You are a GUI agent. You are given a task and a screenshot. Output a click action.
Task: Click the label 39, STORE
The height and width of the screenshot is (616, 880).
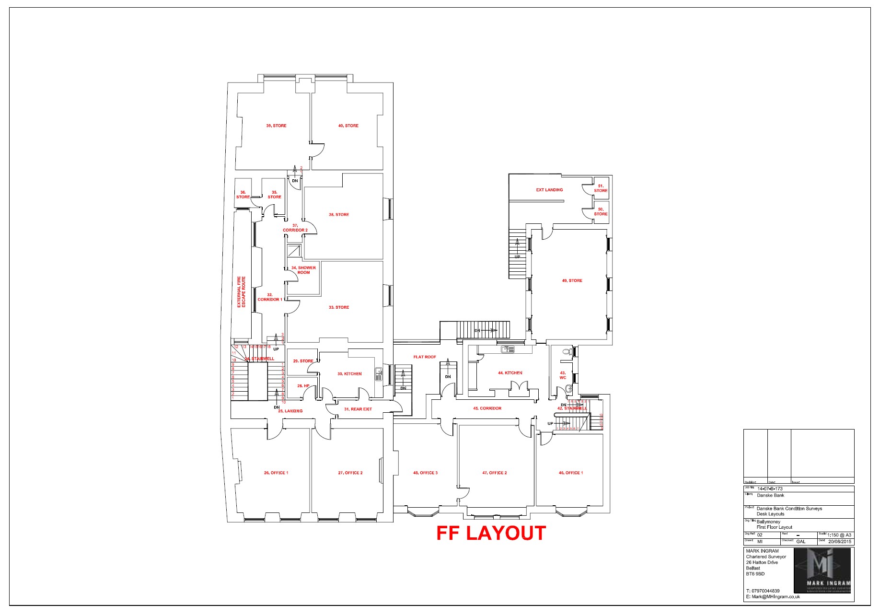[x=276, y=126]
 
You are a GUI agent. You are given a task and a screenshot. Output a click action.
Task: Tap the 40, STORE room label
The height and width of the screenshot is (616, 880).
[x=348, y=126]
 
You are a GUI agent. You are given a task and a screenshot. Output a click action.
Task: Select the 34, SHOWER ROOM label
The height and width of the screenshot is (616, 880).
[x=303, y=270]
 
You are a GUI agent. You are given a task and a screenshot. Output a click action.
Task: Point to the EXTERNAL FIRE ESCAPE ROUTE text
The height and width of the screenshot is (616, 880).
[x=241, y=292]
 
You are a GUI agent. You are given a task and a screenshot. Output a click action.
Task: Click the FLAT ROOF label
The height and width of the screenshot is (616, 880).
[x=425, y=357]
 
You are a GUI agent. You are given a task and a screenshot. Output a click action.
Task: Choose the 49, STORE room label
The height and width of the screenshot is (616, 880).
[x=572, y=280]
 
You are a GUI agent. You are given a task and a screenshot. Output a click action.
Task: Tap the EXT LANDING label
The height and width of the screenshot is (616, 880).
[x=549, y=190]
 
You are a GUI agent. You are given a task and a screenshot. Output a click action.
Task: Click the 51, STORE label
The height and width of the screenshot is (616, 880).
[x=601, y=188]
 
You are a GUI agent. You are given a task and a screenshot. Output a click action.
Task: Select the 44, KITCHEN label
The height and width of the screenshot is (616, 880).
[x=510, y=372]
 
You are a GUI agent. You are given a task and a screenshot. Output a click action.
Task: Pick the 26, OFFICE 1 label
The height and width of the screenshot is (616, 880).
[x=276, y=473]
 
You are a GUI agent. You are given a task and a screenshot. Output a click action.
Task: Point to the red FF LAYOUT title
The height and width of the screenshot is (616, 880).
[x=491, y=533]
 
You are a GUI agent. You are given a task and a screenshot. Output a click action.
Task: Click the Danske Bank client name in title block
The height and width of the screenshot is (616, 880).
[x=771, y=496]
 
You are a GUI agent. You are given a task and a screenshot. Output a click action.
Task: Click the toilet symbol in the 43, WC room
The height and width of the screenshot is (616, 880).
[x=567, y=352]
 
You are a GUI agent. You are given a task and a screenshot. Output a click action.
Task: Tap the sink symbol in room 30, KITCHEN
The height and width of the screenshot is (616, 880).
[x=379, y=374]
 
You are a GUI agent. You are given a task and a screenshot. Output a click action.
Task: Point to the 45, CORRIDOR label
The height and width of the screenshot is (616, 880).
[x=487, y=408]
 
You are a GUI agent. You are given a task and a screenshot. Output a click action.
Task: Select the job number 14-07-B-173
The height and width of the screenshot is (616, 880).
[x=770, y=488]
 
